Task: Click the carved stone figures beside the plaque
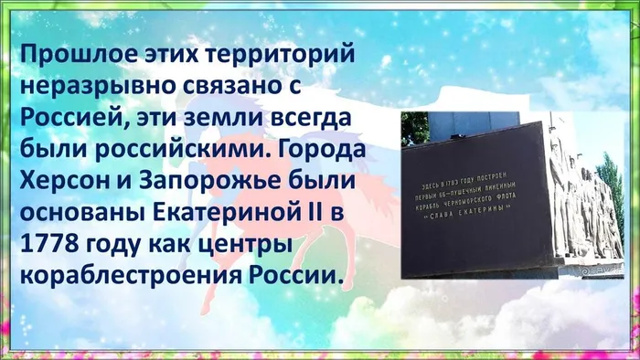(576, 196)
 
